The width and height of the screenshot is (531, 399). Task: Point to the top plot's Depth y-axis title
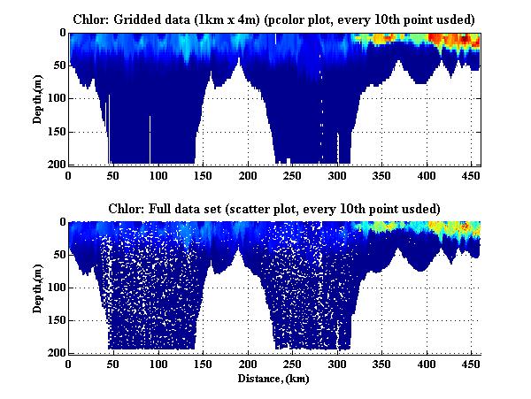click(38, 98)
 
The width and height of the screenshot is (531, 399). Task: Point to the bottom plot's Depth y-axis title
click(38, 288)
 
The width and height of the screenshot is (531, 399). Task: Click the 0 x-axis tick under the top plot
click(69, 174)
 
